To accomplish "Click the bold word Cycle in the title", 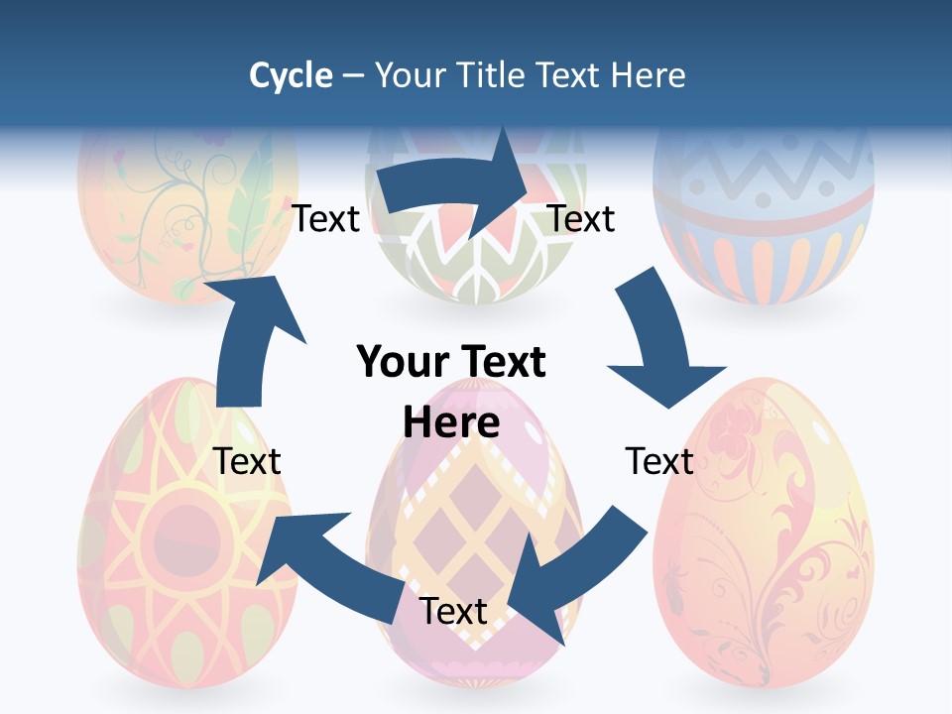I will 291,75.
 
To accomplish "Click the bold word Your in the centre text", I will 403,363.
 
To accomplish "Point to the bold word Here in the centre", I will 451,422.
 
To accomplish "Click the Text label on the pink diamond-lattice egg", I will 453,611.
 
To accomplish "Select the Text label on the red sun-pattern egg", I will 247,461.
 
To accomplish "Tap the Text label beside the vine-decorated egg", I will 325,218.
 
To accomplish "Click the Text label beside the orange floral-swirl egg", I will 659,461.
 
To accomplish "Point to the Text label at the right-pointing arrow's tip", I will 582,218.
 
